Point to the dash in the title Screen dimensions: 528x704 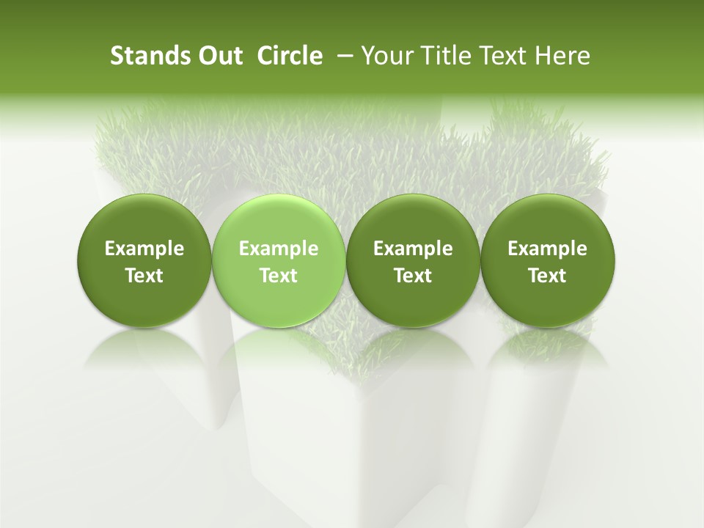342,56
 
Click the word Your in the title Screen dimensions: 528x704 386,56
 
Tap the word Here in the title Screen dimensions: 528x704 562,56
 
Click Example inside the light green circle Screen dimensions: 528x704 279,249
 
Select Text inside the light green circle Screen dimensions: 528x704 279,276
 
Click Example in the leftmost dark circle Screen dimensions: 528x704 144,249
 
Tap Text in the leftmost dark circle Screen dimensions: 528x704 144,276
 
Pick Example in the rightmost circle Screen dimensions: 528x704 548,249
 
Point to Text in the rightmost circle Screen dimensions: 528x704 548,276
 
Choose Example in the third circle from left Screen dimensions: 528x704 414,249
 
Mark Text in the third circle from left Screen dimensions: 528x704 414,276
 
